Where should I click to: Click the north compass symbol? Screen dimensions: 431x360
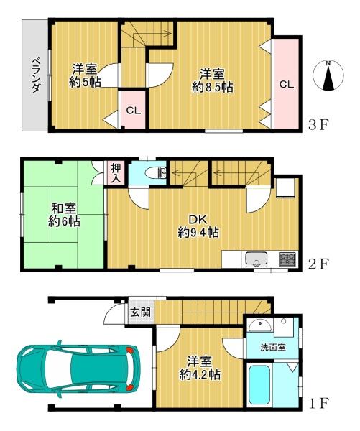tap(329, 75)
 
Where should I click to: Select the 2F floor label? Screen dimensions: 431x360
tap(318, 264)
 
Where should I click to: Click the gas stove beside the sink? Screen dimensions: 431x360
tap(287, 259)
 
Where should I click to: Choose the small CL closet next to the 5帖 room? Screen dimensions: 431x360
tap(133, 111)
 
